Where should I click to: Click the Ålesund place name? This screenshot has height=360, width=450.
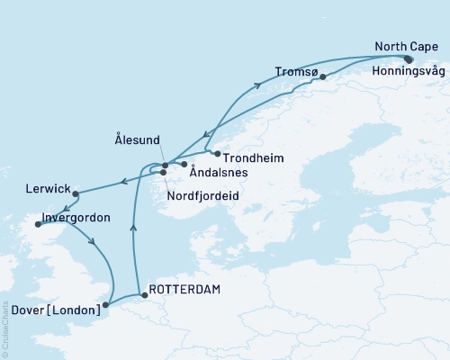pyautogui.click(x=138, y=140)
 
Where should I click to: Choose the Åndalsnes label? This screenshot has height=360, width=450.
pyautogui.click(x=220, y=175)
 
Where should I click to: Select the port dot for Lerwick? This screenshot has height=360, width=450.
pyautogui.click(x=76, y=193)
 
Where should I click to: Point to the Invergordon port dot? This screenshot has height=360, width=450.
pyautogui.click(x=38, y=225)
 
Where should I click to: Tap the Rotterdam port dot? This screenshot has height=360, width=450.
pyautogui.click(x=144, y=293)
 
